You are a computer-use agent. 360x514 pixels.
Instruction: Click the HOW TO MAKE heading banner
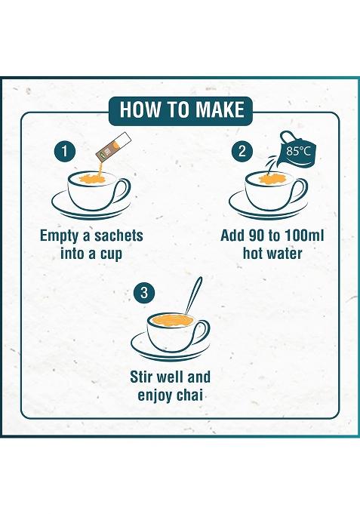[x=181, y=109]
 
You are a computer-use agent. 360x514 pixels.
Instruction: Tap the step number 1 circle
[x=66, y=151]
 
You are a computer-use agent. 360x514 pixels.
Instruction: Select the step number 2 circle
[x=242, y=151]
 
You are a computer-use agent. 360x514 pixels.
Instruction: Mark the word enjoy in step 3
[x=162, y=396]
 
